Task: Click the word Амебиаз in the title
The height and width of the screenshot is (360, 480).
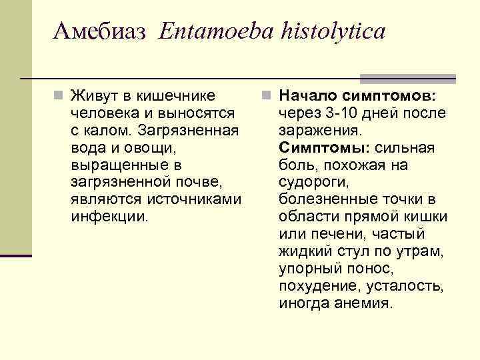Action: click(x=99, y=31)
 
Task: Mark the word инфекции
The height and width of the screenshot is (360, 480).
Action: click(x=110, y=216)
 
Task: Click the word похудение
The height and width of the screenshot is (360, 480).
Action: click(x=315, y=285)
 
